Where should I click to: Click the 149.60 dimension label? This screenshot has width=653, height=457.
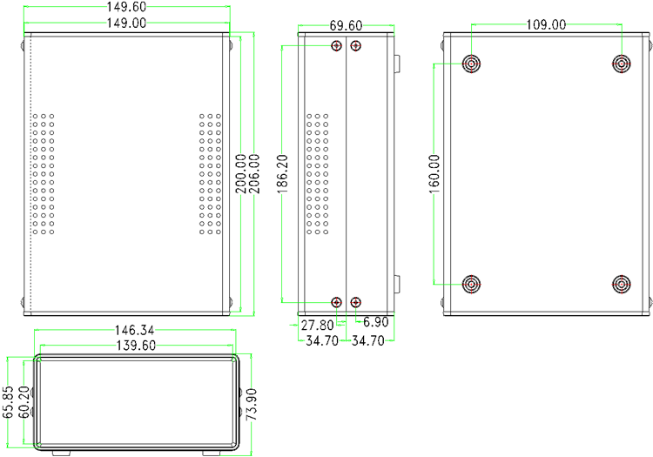[126, 8]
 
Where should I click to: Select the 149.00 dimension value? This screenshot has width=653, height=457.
[126, 24]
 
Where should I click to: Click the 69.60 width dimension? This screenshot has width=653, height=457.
[346, 27]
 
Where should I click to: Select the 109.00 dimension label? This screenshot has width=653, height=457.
[546, 24]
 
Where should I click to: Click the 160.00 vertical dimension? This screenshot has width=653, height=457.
[435, 175]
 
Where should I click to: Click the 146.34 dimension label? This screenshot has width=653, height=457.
[135, 331]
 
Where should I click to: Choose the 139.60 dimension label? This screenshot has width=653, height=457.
[135, 346]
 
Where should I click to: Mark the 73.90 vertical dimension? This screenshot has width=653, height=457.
[252, 405]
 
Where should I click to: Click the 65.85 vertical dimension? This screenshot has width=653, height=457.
[9, 403]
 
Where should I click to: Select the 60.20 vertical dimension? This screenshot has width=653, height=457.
[24, 403]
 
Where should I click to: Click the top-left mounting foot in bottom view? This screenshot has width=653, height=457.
[471, 64]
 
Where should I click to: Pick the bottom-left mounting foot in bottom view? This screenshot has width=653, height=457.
[471, 284]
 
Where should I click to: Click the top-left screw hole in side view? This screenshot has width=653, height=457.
[337, 45]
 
